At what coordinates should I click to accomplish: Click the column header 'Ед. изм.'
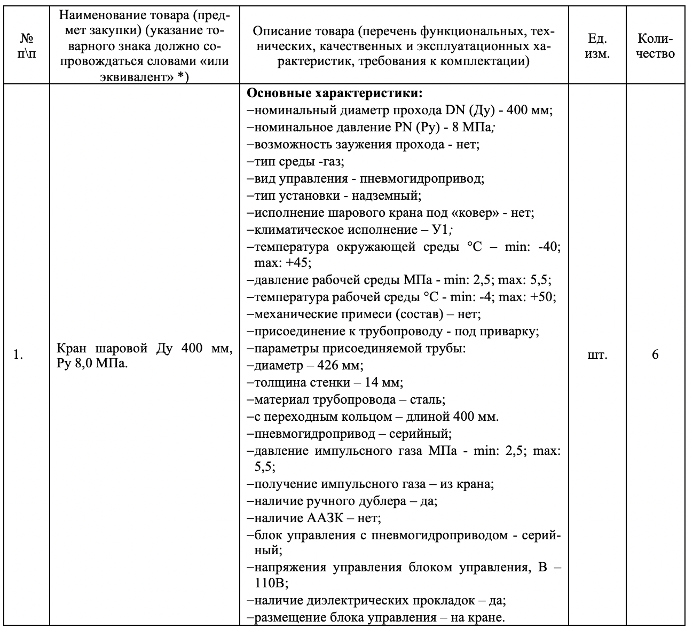click(x=597, y=46)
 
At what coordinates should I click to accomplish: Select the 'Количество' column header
click(x=656, y=46)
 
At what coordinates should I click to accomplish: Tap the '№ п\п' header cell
click(x=27, y=46)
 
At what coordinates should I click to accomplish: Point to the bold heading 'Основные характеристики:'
click(x=335, y=94)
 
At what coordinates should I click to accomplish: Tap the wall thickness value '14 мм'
click(x=384, y=382)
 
